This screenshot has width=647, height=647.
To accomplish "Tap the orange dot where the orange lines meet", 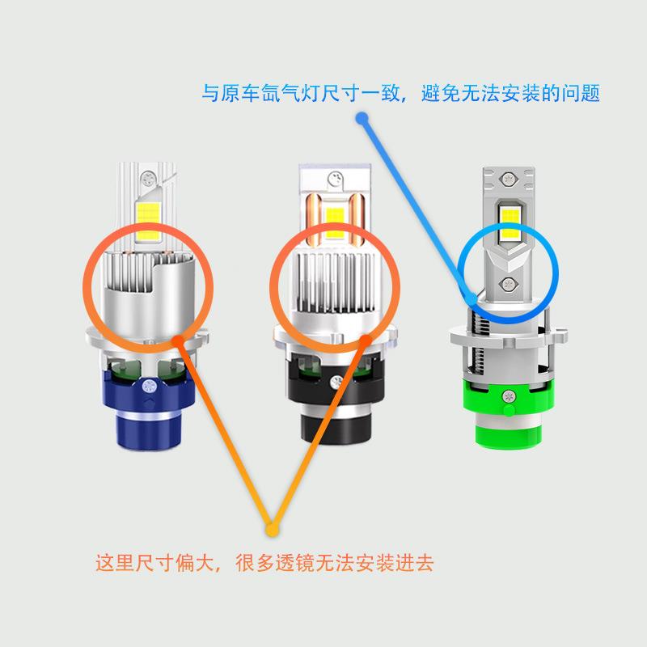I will tap(272, 530).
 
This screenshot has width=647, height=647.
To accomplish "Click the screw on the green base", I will tap(508, 397).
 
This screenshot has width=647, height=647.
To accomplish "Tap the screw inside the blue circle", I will tap(509, 283).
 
